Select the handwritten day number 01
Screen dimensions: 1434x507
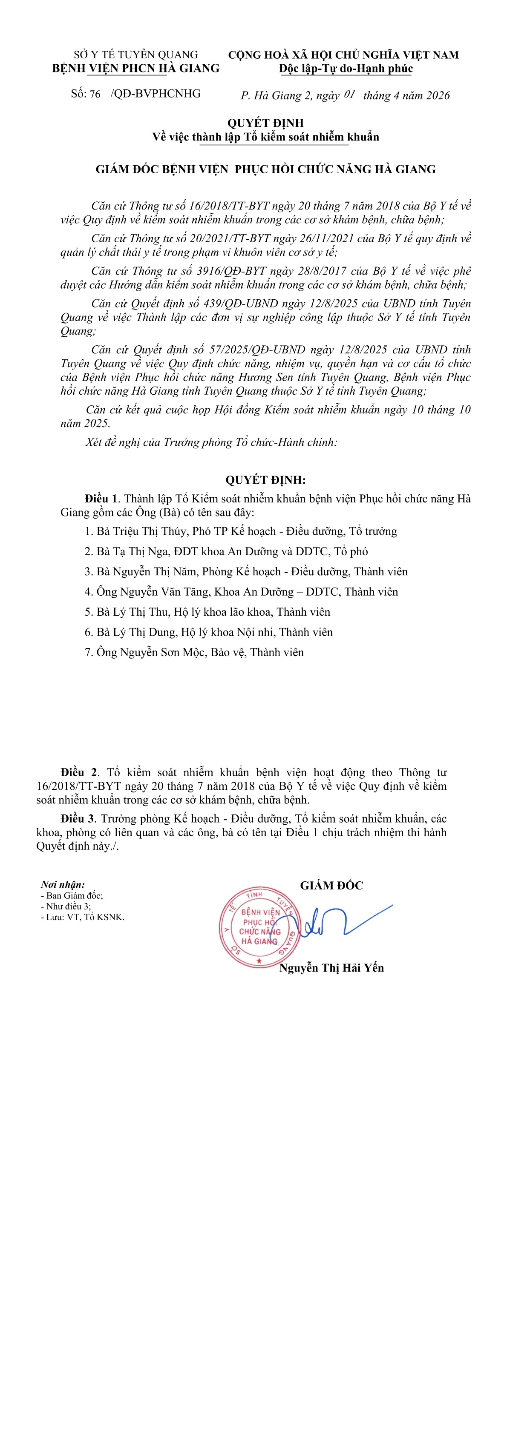pyautogui.click(x=349, y=94)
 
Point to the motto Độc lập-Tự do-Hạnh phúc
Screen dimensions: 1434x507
pyautogui.click(x=346, y=69)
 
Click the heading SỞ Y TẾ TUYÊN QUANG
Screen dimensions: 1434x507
pyautogui.click(x=136, y=54)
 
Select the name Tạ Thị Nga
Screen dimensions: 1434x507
pyautogui.click(x=143, y=551)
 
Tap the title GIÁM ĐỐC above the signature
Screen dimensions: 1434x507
pyautogui.click(x=331, y=886)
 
